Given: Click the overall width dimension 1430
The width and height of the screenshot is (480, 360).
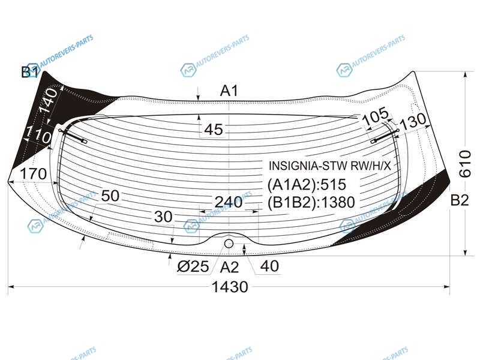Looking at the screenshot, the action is click(230, 287).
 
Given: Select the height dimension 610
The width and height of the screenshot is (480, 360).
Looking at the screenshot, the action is click(465, 164).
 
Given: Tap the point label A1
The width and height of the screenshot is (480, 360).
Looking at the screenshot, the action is click(229, 91).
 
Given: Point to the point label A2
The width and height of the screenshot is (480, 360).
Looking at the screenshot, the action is click(229, 267).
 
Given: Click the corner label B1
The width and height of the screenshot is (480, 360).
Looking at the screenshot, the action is click(30, 72).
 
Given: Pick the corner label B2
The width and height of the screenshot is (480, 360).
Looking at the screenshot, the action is click(460, 200).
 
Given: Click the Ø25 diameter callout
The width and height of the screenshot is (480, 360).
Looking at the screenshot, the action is click(193, 266).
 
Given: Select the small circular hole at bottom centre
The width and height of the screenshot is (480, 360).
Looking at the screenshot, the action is click(229, 244).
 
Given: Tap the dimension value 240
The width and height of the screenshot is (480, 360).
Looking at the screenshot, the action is click(229, 202).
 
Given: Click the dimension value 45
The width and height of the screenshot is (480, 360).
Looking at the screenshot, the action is click(214, 130).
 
